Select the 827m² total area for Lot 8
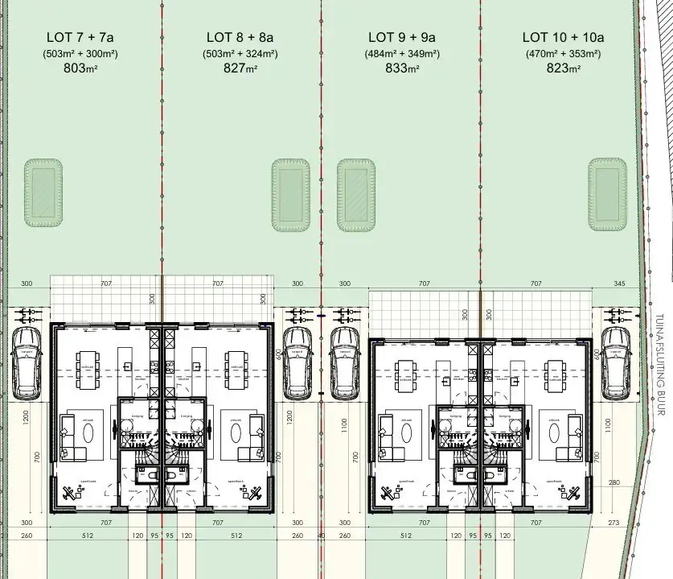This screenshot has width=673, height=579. coord(240,68)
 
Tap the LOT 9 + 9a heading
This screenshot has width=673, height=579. coord(401,37)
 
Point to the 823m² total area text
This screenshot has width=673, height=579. coord(563,68)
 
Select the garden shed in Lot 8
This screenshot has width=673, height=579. coord(291,194)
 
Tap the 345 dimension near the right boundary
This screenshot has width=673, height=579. coord(618,283)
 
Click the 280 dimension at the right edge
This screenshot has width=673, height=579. coord(614,482)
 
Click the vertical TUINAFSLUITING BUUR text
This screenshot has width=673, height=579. coord(659,364)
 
